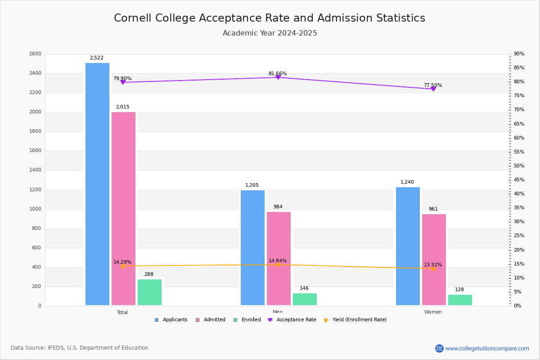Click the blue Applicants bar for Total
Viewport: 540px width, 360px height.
click(97, 184)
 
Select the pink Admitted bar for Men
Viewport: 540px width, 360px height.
click(279, 259)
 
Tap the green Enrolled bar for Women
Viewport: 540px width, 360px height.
click(460, 300)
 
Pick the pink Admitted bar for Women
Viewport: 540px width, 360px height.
click(434, 260)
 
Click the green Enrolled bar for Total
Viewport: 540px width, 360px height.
click(149, 292)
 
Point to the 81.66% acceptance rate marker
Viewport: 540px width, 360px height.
click(278, 77)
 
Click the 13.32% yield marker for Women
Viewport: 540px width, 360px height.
click(433, 269)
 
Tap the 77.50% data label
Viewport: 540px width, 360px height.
click(433, 85)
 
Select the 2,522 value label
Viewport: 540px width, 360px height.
click(97, 58)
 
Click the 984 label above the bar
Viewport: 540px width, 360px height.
click(278, 207)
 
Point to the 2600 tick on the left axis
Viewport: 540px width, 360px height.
click(35, 54)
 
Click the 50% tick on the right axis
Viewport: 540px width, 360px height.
click(519, 166)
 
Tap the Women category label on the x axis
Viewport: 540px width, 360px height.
click(433, 312)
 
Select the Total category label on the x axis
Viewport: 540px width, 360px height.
click(122, 312)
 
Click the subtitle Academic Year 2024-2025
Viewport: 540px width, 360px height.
click(270, 33)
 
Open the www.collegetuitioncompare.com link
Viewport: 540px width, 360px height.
click(487, 348)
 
